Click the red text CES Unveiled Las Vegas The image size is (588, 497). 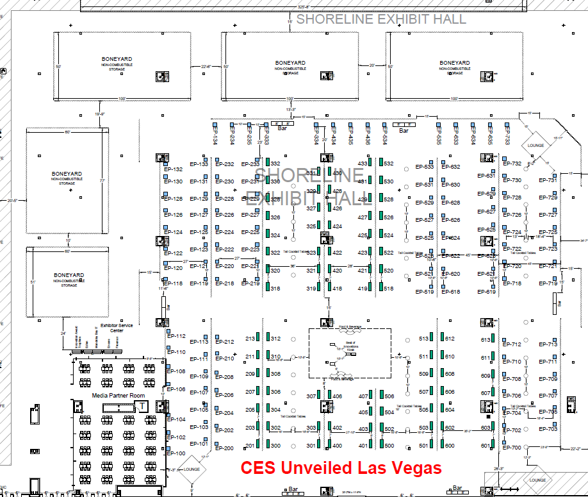pyautogui.click(x=341, y=468)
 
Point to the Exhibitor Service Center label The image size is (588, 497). pyautogui.click(x=116, y=328)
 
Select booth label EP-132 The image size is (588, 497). pyautogui.click(x=174, y=169)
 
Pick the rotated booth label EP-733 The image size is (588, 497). pyautogui.click(x=507, y=135)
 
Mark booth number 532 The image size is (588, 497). pyautogui.click(x=389, y=164)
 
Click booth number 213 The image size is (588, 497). pyautogui.click(x=250, y=338)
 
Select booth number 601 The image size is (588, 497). pyautogui.click(x=486, y=446)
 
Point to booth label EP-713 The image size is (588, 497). pyautogui.click(x=548, y=344)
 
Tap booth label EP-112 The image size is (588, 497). pyautogui.click(x=176, y=336)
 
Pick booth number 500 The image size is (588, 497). pyautogui.click(x=389, y=446)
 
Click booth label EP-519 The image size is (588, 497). pyautogui.click(x=425, y=292)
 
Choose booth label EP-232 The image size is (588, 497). pyautogui.click(x=225, y=164)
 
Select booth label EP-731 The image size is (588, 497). pyautogui.click(x=548, y=180)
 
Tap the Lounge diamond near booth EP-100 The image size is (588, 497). pyautogui.click(x=191, y=469)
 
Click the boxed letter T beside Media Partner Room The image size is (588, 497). pyautogui.click(x=143, y=405)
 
